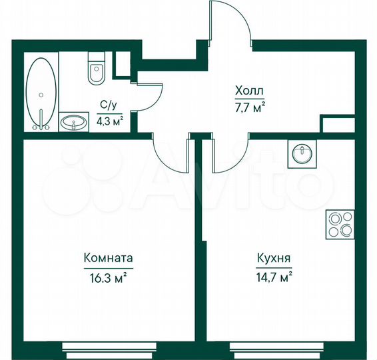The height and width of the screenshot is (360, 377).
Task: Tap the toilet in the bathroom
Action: tap(97, 71)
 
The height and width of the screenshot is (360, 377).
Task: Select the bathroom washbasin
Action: tap(73, 122)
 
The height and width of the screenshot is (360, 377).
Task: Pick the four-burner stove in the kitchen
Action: tap(340, 224)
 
